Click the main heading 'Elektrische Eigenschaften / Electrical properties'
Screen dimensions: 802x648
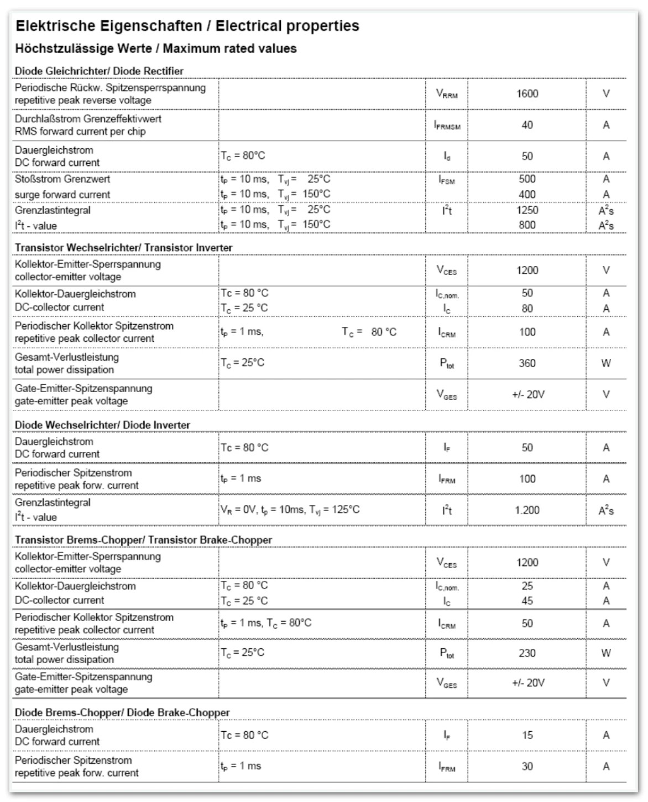[187, 26]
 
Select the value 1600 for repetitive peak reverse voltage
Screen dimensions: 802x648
[527, 93]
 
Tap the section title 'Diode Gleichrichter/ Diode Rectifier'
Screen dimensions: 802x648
[99, 71]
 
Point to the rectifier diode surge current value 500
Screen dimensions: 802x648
[527, 179]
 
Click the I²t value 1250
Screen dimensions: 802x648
[527, 210]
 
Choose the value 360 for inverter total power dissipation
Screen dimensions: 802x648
[527, 363]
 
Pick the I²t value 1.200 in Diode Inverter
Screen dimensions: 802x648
[527, 510]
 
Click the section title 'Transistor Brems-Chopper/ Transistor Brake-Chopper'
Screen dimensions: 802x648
[143, 540]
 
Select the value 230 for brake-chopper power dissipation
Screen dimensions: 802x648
[527, 653]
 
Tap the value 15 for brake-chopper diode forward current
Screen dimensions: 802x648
[527, 735]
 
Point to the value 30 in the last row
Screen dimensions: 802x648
[527, 766]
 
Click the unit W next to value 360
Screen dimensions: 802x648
[606, 363]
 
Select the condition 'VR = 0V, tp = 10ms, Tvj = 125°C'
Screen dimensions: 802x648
[290, 509]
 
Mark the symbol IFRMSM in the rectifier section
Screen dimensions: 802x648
[447, 126]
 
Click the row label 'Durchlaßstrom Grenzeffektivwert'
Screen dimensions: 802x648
[88, 118]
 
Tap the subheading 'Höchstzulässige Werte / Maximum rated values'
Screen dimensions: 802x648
[155, 49]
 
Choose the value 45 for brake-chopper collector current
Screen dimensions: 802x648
[527, 600]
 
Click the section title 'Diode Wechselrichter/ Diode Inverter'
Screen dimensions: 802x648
[102, 425]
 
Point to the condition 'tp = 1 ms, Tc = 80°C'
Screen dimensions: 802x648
[266, 623]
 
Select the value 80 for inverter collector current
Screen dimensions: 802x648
[527, 308]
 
